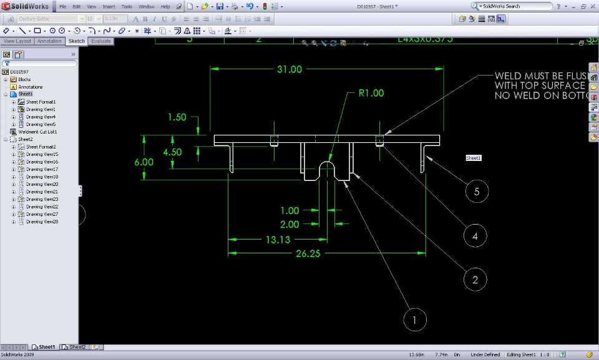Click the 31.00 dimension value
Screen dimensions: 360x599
(x=289, y=69)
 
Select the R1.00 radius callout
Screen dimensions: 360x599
(x=371, y=94)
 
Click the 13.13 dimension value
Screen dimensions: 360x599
(x=278, y=240)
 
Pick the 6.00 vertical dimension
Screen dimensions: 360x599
(x=144, y=162)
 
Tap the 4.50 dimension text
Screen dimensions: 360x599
(x=172, y=152)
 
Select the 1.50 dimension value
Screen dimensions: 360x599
(x=177, y=117)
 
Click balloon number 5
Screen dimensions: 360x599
(x=477, y=192)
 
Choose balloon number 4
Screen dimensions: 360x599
(x=475, y=236)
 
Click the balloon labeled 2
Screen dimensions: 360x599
(x=475, y=280)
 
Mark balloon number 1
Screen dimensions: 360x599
(x=415, y=320)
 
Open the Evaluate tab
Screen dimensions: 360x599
(x=100, y=41)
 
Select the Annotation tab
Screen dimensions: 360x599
(x=49, y=41)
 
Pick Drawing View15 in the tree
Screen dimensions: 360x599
(x=42, y=154)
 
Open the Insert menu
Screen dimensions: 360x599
(x=109, y=6)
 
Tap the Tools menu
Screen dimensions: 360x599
(x=127, y=6)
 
